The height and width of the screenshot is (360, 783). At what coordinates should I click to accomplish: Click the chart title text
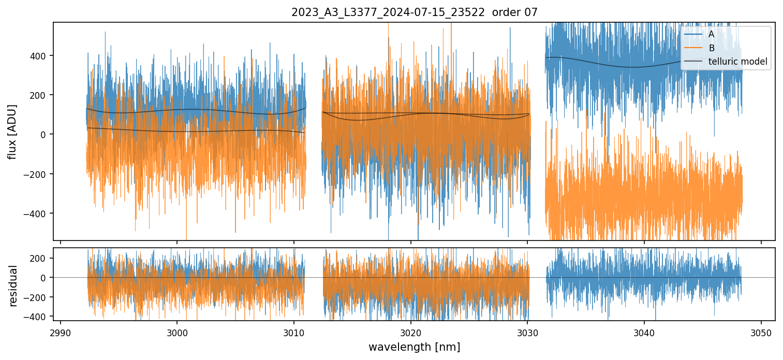pos(415,12)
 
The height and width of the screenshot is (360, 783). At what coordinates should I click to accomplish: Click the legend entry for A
pos(711,34)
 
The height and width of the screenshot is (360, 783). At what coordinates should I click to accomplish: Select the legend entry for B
pos(711,48)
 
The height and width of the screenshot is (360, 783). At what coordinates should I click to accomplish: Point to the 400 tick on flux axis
pos(40,56)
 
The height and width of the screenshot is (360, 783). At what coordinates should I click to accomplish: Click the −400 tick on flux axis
pos(38,213)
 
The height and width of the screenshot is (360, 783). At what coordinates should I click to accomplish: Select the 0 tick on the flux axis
pos(45,134)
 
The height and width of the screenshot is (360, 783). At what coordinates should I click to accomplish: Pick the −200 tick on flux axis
pos(38,174)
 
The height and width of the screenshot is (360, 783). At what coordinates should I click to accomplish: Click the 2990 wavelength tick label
pos(61,332)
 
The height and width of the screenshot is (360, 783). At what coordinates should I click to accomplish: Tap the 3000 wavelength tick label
pos(177,332)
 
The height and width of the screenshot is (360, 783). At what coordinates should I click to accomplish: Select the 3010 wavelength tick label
pos(294,332)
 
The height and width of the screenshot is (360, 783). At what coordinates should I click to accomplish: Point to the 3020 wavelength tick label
pos(410,332)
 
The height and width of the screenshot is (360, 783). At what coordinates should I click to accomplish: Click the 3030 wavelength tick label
pos(527,332)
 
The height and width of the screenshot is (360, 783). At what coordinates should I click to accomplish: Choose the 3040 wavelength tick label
pos(644,332)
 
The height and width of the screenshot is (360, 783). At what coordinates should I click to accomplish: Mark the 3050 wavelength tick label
pos(761,332)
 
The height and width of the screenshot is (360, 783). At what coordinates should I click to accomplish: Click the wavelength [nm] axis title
pos(414,347)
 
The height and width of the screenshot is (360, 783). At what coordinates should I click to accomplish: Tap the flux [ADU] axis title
pos(12,131)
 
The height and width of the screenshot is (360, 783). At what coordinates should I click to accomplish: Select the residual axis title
pos(13,286)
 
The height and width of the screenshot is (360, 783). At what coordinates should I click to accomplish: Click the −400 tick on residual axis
pos(38,316)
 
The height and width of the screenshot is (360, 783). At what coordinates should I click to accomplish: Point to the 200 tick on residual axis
pos(40,258)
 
